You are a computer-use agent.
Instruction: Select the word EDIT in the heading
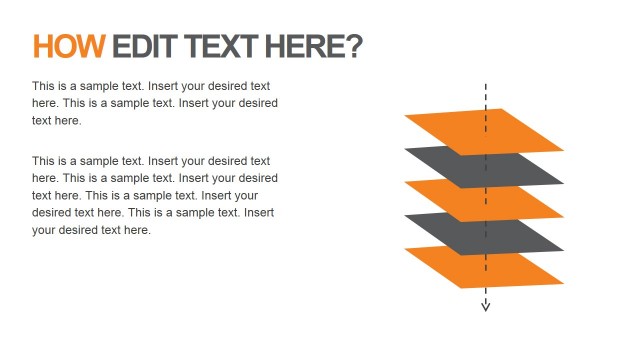pyautogui.click(x=144, y=46)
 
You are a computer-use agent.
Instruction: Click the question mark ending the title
pyautogui.click(x=354, y=46)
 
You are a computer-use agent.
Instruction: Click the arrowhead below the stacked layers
pyautogui.click(x=486, y=305)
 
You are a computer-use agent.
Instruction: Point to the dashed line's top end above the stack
pyautogui.click(x=486, y=86)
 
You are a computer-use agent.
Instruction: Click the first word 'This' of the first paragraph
pyautogui.click(x=44, y=86)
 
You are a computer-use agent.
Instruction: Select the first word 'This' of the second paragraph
pyautogui.click(x=44, y=160)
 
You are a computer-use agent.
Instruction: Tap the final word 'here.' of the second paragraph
pyautogui.click(x=136, y=230)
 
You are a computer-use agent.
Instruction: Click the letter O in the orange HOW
pyautogui.click(x=67, y=46)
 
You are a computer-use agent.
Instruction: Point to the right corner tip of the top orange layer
pyautogui.click(x=562, y=150)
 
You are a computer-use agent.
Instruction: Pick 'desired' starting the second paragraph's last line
pyautogui.click(x=52, y=213)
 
